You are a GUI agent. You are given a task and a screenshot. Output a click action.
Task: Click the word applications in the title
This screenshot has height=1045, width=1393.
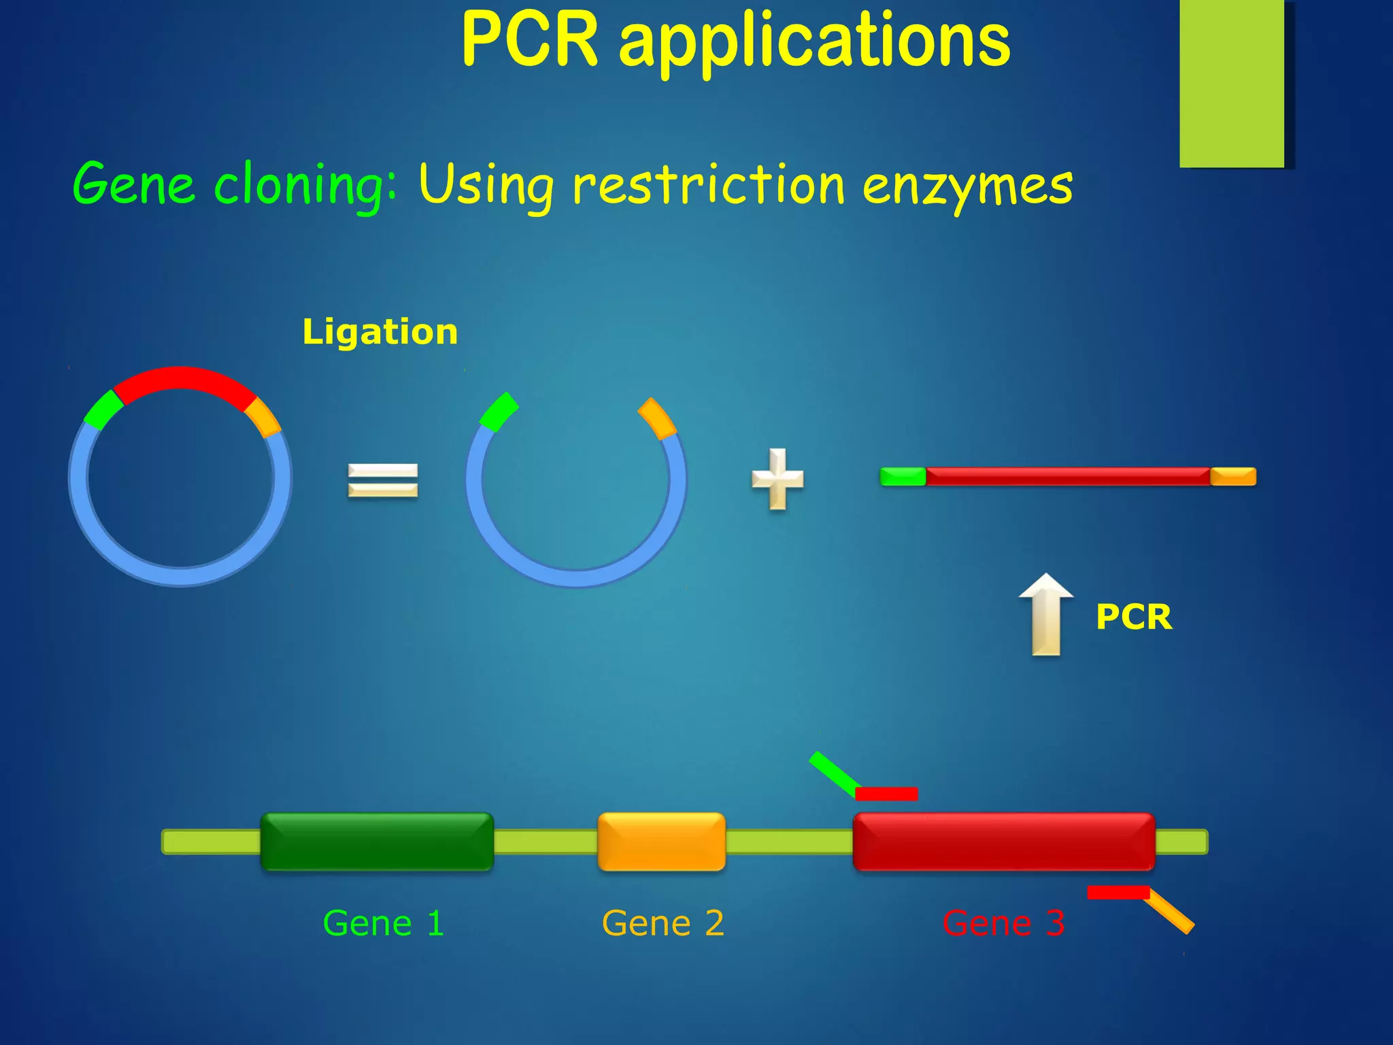coord(814,44)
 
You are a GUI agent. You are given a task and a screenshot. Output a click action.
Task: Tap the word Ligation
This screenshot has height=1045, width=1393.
coord(380,332)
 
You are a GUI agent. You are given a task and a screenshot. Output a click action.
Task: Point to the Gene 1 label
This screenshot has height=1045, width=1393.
coord(384,923)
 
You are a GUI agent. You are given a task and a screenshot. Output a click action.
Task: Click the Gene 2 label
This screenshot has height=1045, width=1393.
coord(663,923)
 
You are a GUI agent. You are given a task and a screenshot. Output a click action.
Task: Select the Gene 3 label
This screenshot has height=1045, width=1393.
coord(1003,923)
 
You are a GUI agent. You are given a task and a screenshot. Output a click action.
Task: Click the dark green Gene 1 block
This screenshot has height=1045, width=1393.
coord(377,842)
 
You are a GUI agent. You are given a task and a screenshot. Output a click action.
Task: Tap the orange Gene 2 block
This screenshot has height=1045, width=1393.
coord(661,842)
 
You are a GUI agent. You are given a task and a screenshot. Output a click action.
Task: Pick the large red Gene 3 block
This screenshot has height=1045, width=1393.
coord(1004,842)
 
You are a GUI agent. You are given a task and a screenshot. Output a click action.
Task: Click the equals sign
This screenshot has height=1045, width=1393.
coord(383,480)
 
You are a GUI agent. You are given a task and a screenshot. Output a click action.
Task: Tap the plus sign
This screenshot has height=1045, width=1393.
coord(777,479)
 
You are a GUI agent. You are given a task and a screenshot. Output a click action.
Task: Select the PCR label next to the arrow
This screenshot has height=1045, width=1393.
coord(1134,617)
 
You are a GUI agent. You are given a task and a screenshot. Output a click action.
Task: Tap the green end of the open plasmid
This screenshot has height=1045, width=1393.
coord(499,412)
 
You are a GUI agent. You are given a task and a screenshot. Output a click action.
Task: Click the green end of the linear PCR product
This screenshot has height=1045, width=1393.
coord(903,476)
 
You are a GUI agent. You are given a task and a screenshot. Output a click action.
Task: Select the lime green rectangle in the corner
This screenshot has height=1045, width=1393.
coord(1232,83)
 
